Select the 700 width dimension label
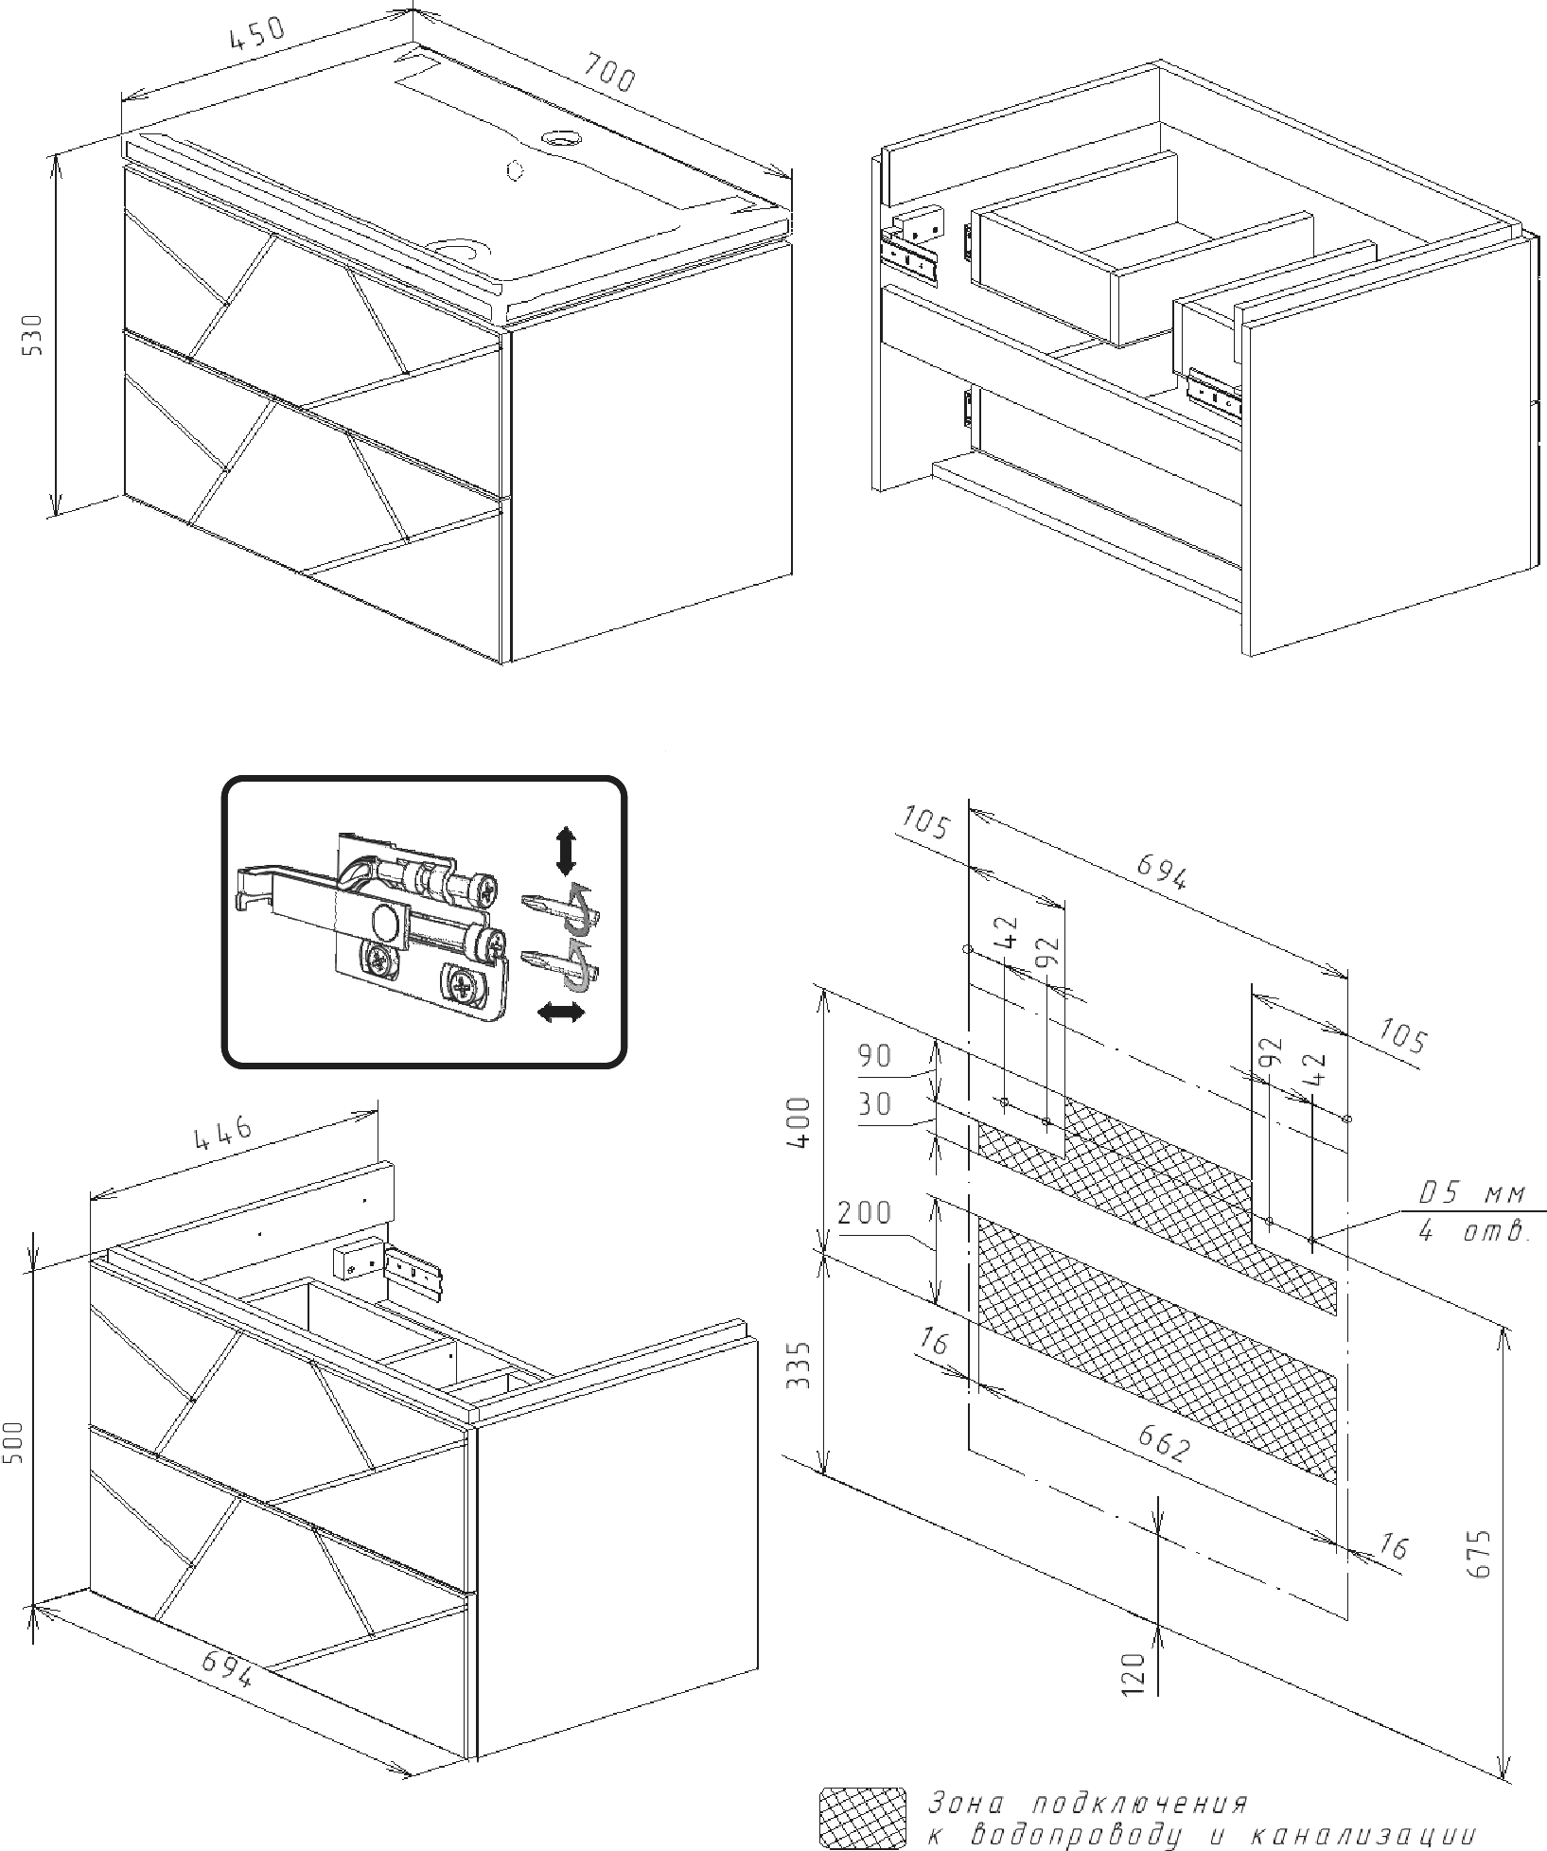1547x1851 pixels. [x=608, y=73]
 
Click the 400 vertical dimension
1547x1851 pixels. [x=800, y=1122]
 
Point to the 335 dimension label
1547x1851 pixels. [x=800, y=1364]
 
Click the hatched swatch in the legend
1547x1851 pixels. [x=859, y=1817]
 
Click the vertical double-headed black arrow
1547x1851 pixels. [x=566, y=850]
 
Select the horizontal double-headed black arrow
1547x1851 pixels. [x=560, y=1014]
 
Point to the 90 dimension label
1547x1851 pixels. [x=874, y=1056]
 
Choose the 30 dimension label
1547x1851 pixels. [x=874, y=1104]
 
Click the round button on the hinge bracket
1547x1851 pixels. [x=385, y=920]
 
